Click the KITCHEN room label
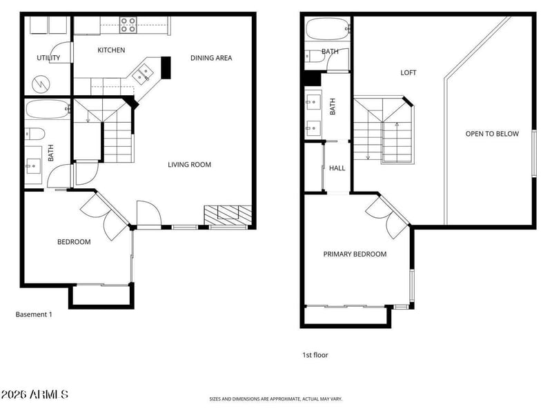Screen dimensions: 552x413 111,50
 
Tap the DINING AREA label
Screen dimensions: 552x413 211,58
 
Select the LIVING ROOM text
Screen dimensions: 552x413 189,165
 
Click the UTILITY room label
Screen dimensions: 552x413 48,58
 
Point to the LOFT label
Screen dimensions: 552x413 408,73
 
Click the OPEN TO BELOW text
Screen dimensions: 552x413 492,134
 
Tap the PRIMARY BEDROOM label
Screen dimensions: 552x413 355,254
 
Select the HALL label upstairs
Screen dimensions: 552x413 337,168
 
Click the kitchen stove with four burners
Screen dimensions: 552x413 128,26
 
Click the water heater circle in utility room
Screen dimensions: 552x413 41,84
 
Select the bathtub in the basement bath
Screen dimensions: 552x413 48,110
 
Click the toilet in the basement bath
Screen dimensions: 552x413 35,134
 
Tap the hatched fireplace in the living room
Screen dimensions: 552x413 228,215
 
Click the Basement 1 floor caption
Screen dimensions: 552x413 34,314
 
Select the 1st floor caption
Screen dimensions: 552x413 315,355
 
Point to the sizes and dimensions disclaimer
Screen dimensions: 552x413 275,399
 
